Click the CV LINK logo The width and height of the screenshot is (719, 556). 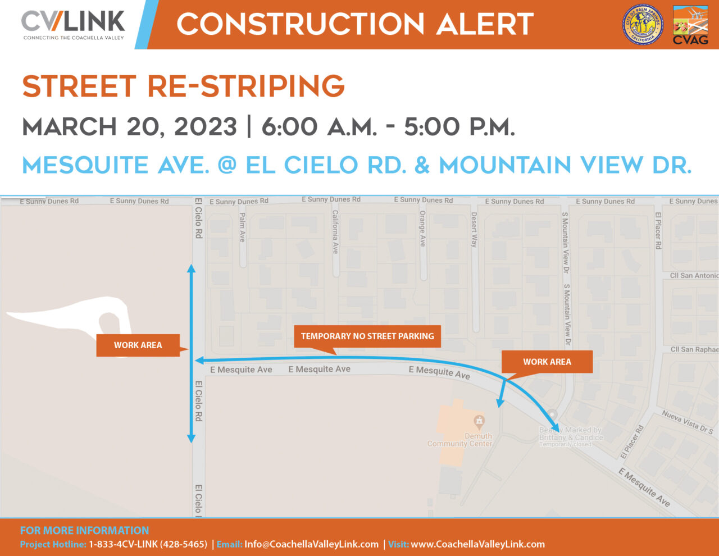tap(73, 25)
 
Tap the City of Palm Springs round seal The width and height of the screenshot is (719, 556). tap(643, 25)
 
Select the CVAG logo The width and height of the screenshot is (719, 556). tap(690, 25)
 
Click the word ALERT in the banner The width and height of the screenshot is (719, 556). tap(485, 25)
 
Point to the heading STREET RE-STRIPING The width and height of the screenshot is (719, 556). tap(183, 86)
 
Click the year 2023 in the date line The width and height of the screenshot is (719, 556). tap(205, 127)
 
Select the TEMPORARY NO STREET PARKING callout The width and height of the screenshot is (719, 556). tap(367, 336)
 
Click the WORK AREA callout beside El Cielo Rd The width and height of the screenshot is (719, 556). tap(138, 345)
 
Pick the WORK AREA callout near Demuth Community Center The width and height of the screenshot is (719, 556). tap(547, 362)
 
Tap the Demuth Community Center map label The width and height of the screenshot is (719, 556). tap(460, 440)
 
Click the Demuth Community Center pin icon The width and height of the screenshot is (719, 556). tap(479, 420)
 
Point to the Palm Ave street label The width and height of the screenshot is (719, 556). tap(243, 227)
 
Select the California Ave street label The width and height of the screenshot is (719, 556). tap(335, 231)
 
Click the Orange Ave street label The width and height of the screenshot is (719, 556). tap(422, 229)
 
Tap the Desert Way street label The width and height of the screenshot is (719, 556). tap(474, 230)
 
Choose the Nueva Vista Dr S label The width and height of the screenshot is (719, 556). tap(687, 423)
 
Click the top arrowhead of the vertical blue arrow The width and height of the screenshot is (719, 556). tap(191, 269)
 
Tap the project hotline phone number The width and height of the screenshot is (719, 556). tap(148, 544)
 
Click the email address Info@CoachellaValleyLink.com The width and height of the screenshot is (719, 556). tap(311, 544)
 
